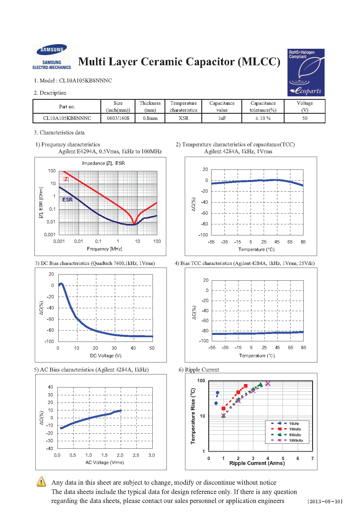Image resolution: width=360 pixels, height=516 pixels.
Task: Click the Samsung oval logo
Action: point(52,50)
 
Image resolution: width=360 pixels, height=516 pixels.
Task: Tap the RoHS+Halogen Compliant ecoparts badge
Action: point(306,72)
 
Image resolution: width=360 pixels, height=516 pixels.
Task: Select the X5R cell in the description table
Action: point(183,118)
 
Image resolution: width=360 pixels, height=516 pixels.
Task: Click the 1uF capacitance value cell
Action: point(222,118)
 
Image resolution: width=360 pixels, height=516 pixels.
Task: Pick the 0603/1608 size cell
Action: point(118,118)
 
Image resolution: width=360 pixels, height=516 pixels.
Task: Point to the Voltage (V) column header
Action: point(305,107)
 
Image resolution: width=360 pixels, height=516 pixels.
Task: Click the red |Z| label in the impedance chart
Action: point(66,179)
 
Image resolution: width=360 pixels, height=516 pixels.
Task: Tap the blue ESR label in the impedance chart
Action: point(67,200)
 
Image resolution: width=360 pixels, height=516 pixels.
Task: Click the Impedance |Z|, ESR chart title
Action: point(104,163)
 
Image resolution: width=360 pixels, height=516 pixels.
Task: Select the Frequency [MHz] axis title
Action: point(104,249)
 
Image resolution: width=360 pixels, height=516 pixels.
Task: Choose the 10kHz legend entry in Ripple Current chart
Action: point(285,424)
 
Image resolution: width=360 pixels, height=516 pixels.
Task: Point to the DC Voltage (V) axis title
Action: point(106,356)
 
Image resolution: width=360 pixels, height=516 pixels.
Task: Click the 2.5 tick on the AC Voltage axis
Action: point(136,455)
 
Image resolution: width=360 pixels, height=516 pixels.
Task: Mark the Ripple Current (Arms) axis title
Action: point(257,463)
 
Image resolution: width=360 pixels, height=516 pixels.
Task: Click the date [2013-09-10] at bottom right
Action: point(325,501)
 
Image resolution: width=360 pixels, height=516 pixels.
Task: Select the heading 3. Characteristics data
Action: point(59,133)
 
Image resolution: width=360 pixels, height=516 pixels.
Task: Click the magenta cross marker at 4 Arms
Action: point(268,384)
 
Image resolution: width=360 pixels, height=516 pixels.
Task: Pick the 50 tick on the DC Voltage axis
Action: point(152,348)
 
